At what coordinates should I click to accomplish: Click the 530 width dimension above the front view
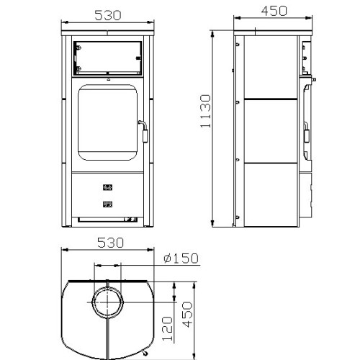(108, 15)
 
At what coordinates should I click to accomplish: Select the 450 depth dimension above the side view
(274, 11)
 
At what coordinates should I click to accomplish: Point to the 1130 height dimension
(206, 111)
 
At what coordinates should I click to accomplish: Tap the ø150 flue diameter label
(181, 258)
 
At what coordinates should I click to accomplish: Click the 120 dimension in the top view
(167, 328)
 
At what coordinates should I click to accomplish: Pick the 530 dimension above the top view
(110, 243)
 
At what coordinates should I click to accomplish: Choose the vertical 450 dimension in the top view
(187, 315)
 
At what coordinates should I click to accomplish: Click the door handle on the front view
(144, 132)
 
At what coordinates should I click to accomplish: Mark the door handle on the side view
(307, 132)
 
